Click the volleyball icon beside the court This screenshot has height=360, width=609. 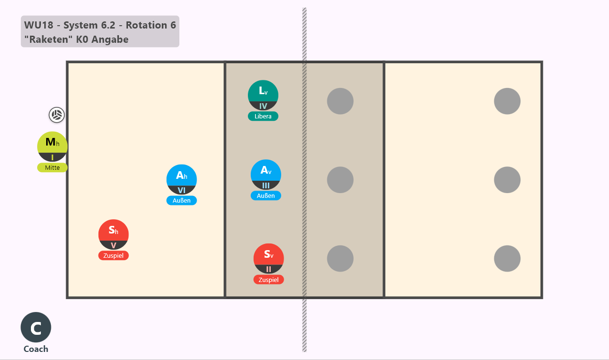pyautogui.click(x=57, y=115)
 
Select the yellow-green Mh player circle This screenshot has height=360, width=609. pyautogui.click(x=52, y=147)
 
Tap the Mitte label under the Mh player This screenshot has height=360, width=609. pyautogui.click(x=52, y=168)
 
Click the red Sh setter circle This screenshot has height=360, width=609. pyautogui.click(x=113, y=234)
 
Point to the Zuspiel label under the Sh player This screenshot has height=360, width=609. pyautogui.click(x=113, y=255)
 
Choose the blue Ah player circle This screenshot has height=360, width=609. pyautogui.click(x=182, y=179)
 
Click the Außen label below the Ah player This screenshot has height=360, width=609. pyautogui.click(x=182, y=201)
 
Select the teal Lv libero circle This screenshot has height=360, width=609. pyautogui.click(x=263, y=95)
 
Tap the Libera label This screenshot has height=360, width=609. pyautogui.click(x=263, y=117)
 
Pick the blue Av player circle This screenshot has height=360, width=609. pyautogui.click(x=266, y=175)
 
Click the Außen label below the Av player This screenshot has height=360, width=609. pyautogui.click(x=266, y=195)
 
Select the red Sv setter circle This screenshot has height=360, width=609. pyautogui.click(x=269, y=258)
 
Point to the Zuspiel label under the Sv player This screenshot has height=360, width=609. pyautogui.click(x=269, y=280)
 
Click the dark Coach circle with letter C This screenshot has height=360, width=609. pyautogui.click(x=36, y=327)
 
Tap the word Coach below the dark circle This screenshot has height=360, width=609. pyautogui.click(x=36, y=349)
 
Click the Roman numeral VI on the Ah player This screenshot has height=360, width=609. pyautogui.click(x=182, y=190)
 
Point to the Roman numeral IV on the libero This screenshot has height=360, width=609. pyautogui.click(x=263, y=106)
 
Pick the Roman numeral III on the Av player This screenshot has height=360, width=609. pyautogui.click(x=266, y=185)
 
